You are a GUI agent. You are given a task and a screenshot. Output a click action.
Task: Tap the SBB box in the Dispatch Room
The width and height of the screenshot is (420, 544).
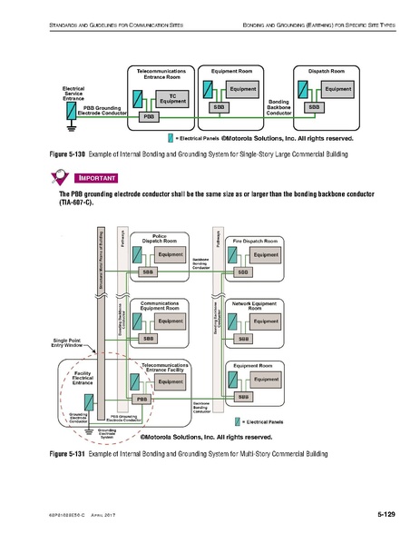314,106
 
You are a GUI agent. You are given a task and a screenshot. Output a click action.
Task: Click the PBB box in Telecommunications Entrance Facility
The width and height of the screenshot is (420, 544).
142,399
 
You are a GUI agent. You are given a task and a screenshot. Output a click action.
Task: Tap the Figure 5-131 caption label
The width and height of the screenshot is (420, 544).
69,452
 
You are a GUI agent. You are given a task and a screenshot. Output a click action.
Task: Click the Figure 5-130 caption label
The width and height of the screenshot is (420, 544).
69,155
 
